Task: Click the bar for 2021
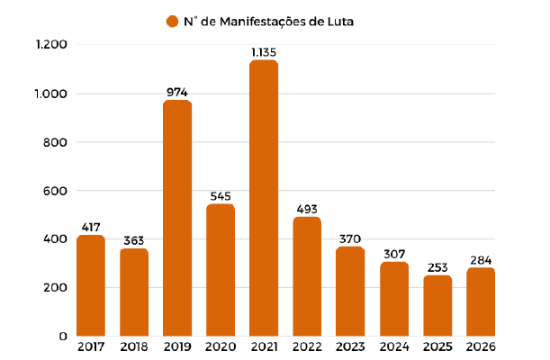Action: point(264,198)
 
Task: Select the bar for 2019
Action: point(177,218)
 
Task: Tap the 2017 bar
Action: point(91,285)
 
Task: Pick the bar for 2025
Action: point(437,306)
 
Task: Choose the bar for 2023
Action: point(350,292)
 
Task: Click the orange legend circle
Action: point(172,22)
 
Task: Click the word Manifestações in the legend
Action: point(263,22)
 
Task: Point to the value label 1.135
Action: point(264,52)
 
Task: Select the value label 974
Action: point(177,92)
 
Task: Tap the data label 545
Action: point(221,196)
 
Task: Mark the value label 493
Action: point(307,210)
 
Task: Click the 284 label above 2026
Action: point(481,260)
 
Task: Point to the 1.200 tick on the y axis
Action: point(51,44)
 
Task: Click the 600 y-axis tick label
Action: point(55,191)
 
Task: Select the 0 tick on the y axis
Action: point(63,337)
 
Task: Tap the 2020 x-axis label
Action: point(221,347)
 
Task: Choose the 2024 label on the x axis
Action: point(394,347)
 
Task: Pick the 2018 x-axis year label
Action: point(134,347)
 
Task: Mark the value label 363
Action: point(133,241)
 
